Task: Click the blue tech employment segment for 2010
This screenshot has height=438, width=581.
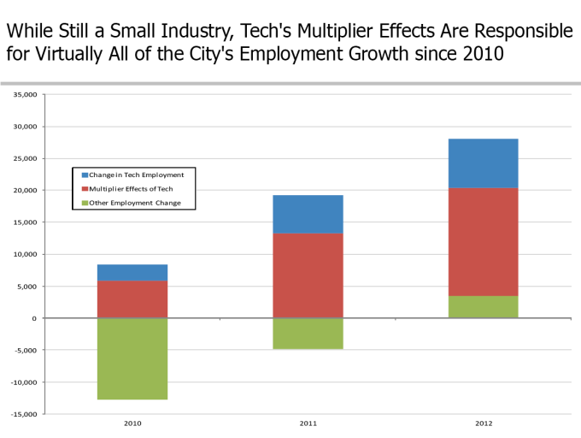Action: [132, 272]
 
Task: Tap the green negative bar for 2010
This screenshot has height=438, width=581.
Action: [132, 358]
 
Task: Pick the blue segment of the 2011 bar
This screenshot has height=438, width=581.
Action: [308, 214]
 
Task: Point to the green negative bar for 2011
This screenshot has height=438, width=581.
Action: [308, 334]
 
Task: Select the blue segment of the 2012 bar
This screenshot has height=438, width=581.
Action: [483, 163]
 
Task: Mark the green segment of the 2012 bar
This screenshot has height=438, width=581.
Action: [483, 307]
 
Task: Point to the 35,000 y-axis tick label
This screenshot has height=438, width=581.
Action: [24, 94]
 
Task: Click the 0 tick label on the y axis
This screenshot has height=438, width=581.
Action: [35, 318]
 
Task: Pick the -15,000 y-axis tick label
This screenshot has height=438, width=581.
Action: [23, 414]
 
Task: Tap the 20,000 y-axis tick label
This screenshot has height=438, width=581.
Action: [24, 190]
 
